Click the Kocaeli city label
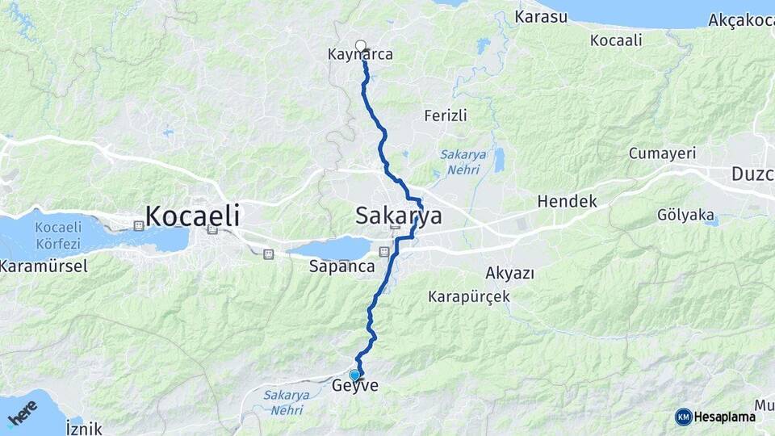click(x=192, y=216)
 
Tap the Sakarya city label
click(x=399, y=216)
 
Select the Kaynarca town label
click(x=360, y=56)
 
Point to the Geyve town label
click(x=355, y=387)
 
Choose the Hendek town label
click(x=567, y=201)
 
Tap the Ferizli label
click(x=446, y=116)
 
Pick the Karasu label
click(x=542, y=17)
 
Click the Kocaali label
click(x=616, y=40)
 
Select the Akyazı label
click(x=509, y=273)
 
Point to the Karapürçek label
click(x=469, y=296)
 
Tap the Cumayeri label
click(x=662, y=153)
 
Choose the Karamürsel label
click(x=44, y=266)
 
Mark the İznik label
click(x=84, y=428)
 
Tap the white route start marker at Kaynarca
click(x=360, y=45)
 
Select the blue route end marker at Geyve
click(x=354, y=375)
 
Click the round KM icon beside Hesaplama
click(x=683, y=417)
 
